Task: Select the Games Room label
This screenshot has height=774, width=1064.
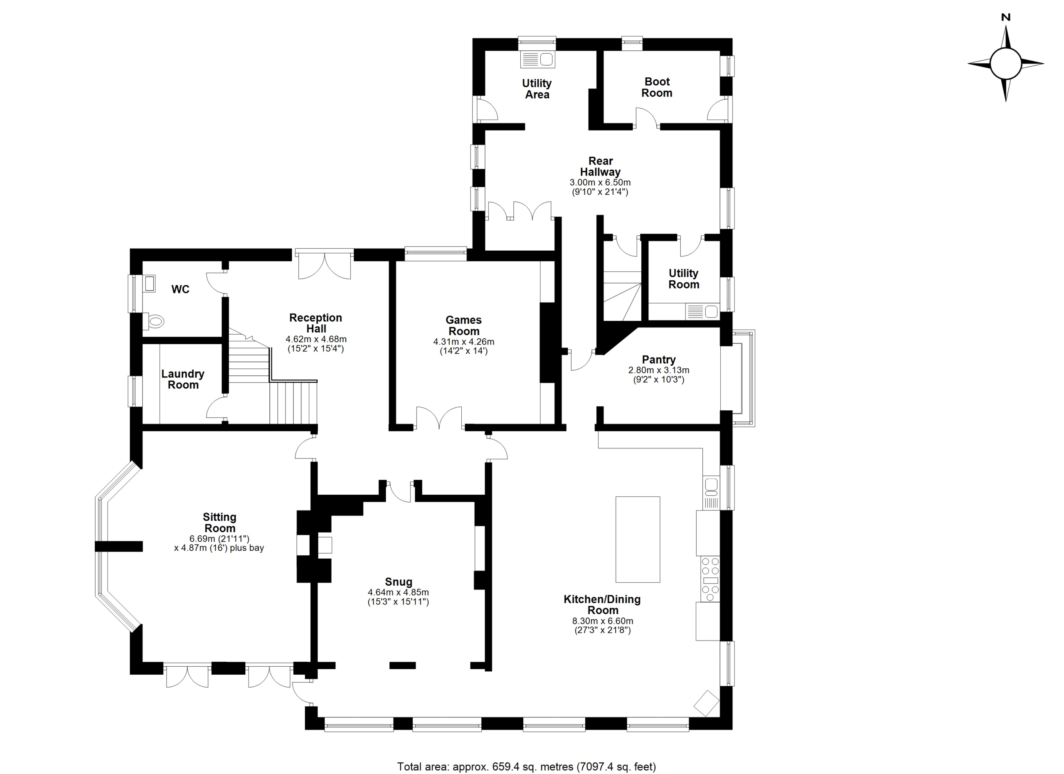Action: click(x=463, y=325)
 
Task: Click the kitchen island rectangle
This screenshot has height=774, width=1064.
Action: click(x=638, y=540)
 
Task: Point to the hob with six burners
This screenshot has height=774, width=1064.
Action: click(x=710, y=578)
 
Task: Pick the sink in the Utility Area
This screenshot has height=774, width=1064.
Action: click(x=537, y=59)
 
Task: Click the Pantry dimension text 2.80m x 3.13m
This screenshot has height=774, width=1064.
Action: click(x=659, y=370)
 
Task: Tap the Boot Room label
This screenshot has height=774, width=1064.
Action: click(x=657, y=87)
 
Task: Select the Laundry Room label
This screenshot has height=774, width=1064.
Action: click(x=183, y=380)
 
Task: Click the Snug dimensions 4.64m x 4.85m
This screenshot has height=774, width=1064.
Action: click(x=398, y=592)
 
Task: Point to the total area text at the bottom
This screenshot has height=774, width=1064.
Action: click(x=526, y=767)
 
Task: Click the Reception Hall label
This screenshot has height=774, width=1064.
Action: click(x=316, y=323)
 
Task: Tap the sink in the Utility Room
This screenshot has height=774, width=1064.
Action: click(x=702, y=311)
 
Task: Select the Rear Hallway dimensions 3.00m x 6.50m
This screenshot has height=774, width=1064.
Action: click(x=600, y=182)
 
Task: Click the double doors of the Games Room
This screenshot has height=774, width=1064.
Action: click(x=439, y=417)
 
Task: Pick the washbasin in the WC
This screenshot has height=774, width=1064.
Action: click(x=150, y=283)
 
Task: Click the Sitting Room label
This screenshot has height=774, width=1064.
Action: click(x=219, y=523)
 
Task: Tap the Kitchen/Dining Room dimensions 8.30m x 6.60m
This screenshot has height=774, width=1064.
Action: click(x=602, y=621)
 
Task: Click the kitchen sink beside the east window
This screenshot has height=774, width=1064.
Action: click(x=712, y=492)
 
